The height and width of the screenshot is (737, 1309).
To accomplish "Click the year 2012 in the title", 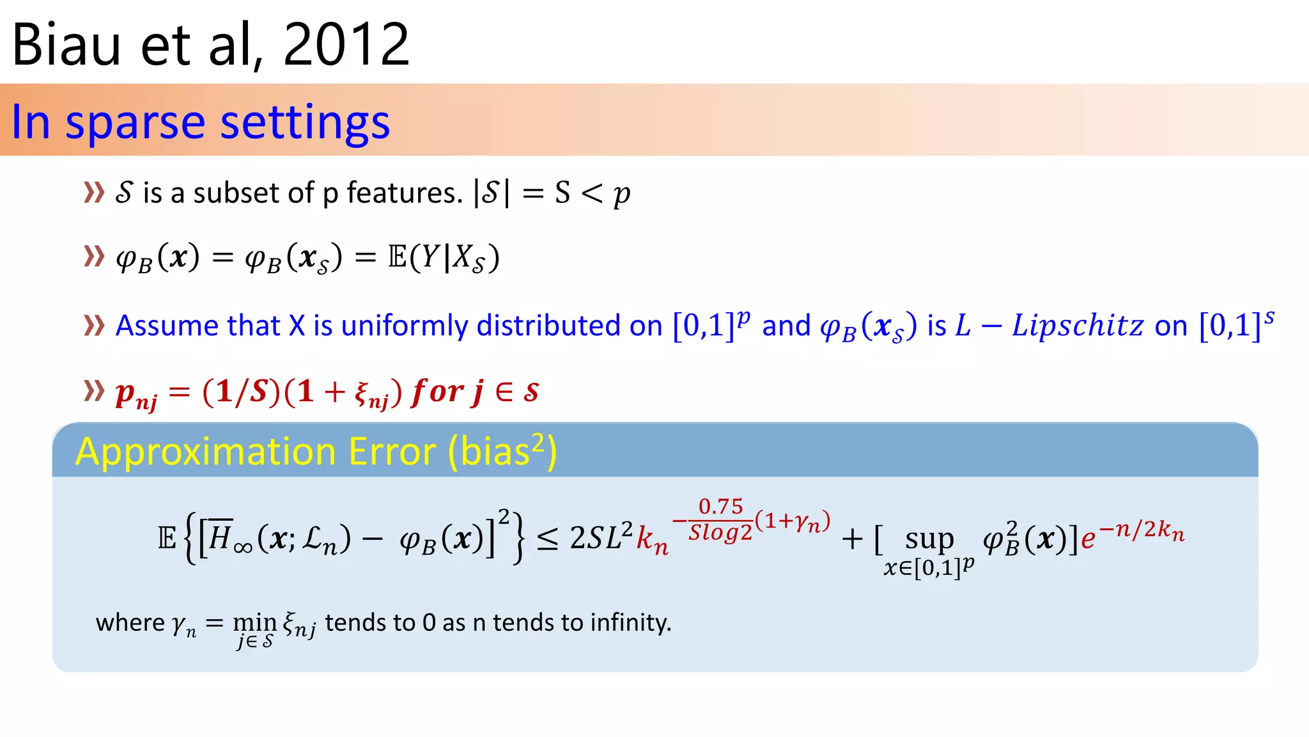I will click(x=345, y=45).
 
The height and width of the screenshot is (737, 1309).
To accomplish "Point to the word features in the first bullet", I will click(x=404, y=193).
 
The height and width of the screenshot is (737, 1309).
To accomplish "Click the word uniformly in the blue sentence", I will click(x=405, y=326).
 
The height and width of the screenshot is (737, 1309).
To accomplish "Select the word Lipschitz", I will click(x=1078, y=326).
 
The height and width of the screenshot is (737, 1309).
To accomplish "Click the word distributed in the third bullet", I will click(x=549, y=326).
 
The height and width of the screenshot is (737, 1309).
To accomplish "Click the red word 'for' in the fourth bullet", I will click(x=438, y=391).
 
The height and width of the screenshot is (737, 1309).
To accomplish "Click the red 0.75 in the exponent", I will click(x=720, y=507).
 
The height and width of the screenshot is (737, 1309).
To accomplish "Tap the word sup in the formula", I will click(x=929, y=539).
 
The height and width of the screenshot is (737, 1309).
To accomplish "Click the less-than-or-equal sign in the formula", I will click(x=547, y=539).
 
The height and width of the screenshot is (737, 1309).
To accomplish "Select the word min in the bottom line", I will click(x=254, y=621).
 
